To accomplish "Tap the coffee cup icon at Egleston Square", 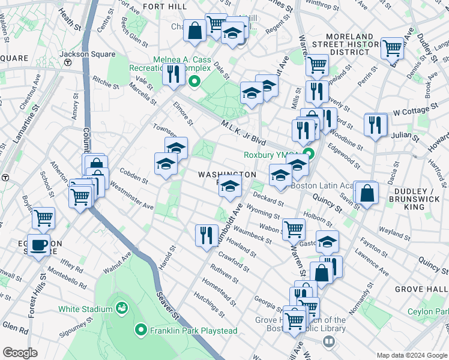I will (40, 245).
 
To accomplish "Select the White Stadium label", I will (86, 309).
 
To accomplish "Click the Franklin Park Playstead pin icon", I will (141, 330).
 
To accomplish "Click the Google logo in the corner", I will (20, 353).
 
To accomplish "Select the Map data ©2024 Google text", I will (412, 354).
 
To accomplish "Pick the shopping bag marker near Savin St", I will (366, 193).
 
